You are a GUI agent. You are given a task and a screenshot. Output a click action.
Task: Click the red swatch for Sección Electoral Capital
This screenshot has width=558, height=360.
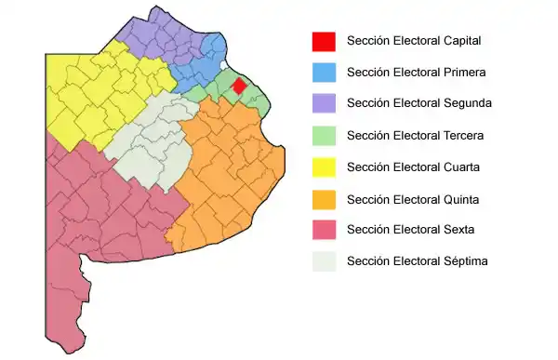coord(324,41)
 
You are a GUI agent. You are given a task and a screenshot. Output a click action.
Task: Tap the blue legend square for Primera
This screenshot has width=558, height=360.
coord(324,72)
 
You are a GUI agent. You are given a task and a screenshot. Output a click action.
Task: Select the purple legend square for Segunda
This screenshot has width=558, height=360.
coord(324,103)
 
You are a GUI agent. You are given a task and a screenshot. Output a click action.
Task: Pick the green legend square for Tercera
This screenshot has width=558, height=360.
coord(324,135)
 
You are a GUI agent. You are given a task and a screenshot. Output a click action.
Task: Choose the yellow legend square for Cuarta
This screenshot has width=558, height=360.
coord(324,167)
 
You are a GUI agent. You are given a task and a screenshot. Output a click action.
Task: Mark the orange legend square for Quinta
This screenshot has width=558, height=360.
coord(324,198)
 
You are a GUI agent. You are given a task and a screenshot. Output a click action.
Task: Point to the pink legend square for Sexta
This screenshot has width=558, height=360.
coord(324,230)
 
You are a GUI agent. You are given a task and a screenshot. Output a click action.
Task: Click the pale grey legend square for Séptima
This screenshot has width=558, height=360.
coord(324,261)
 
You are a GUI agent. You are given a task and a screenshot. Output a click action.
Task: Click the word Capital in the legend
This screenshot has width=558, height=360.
coord(462,41)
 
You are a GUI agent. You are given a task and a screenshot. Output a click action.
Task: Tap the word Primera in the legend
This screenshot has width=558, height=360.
coord(465,72)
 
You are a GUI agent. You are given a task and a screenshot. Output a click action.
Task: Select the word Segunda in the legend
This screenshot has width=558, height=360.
coord(467,103)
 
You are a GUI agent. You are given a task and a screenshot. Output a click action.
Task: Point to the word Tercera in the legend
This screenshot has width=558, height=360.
coord(464,135)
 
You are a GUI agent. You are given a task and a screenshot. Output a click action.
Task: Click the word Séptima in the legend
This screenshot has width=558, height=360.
coord(466,261)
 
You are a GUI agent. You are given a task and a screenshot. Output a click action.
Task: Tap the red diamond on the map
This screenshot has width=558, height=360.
coord(238,87)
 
